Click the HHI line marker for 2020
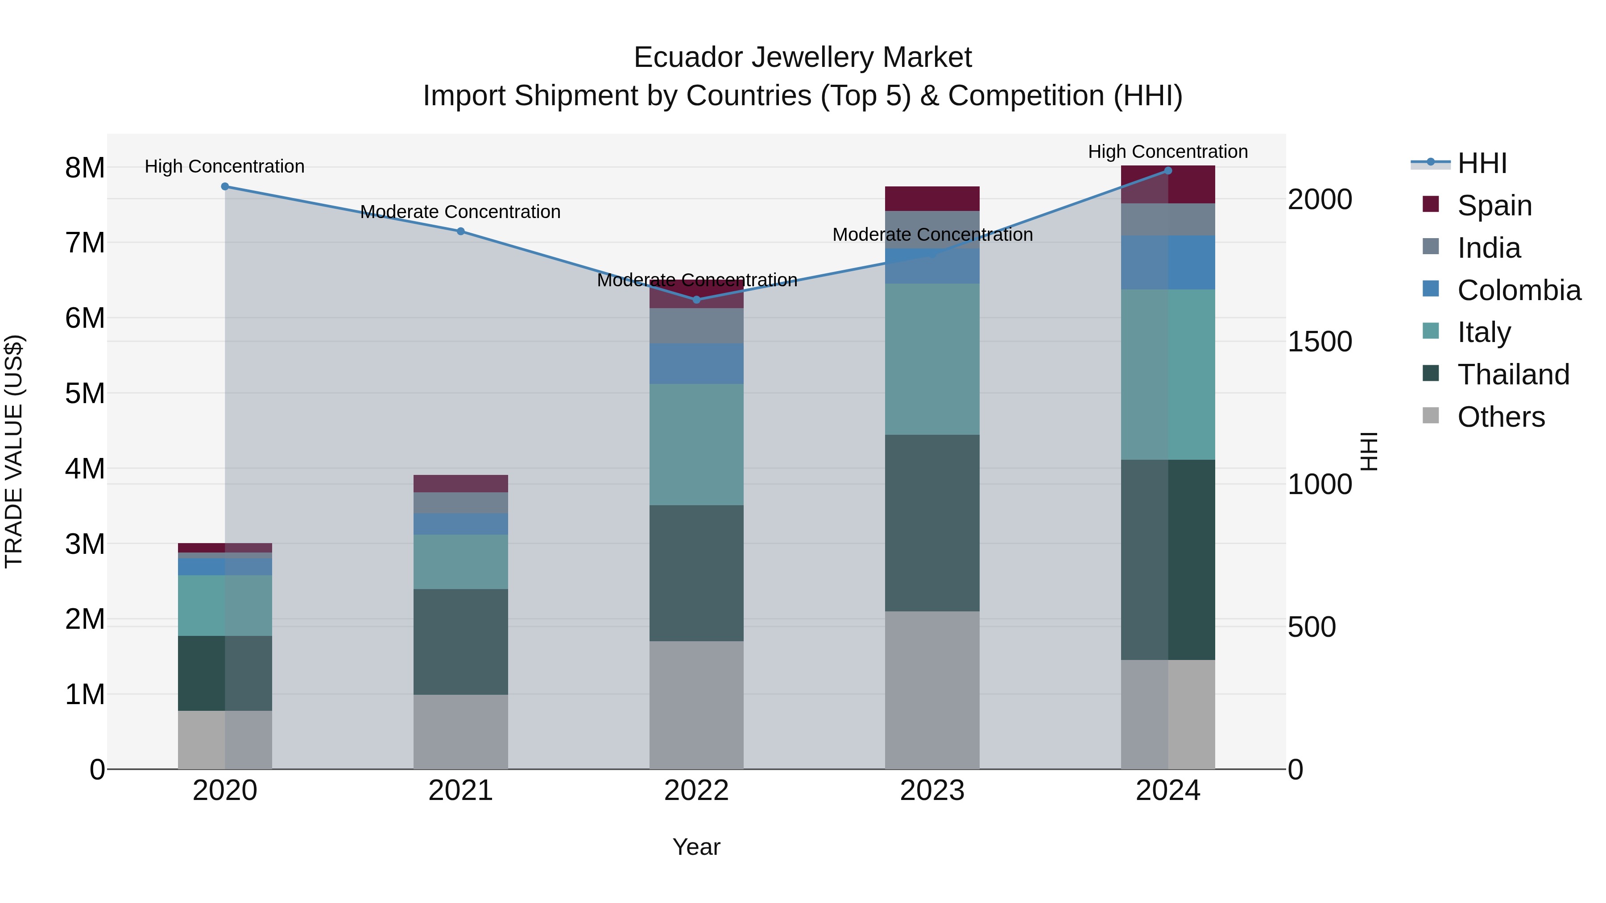coord(225,186)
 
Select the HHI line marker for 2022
coord(696,300)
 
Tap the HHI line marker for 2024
coord(1168,171)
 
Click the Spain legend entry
coord(1494,205)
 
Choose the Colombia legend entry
coord(1519,290)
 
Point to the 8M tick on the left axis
coord(85,168)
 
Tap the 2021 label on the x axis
coord(461,791)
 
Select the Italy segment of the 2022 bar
coord(696,444)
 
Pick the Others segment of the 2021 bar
coord(461,732)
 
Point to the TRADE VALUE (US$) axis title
coord(14,451)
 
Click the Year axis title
coord(696,847)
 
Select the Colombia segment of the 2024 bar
coord(1168,262)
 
